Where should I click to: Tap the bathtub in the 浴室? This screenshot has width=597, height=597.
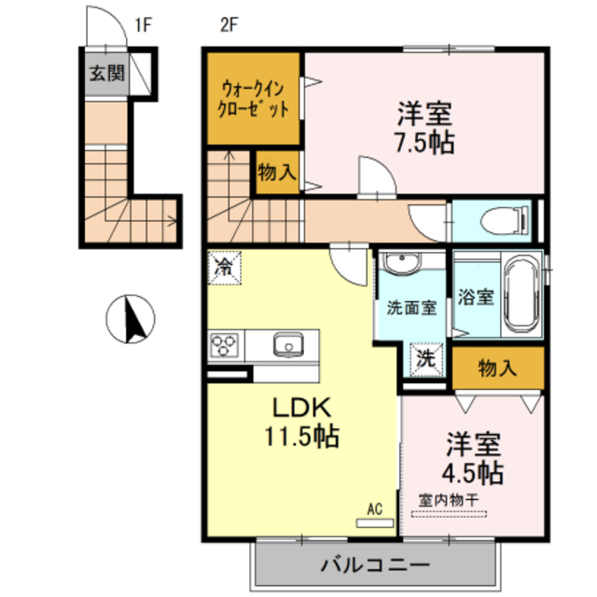(x=519, y=293)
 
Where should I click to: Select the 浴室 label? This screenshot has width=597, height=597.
(x=476, y=298)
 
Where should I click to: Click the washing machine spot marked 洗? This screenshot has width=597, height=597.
(x=424, y=357)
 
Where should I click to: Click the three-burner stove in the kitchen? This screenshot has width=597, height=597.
(x=225, y=345)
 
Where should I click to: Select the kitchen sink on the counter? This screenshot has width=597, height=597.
(x=287, y=345)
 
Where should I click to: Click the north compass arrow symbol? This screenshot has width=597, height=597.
(x=131, y=318)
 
